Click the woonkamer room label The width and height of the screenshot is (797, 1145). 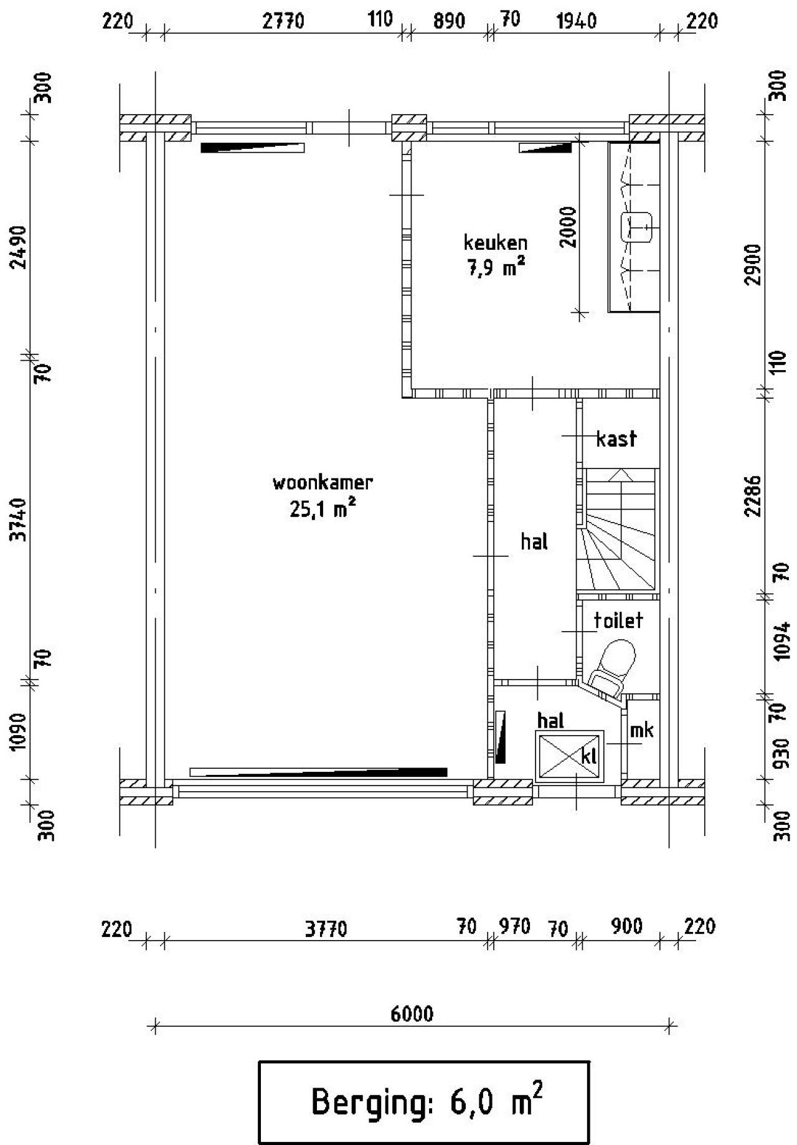pyautogui.click(x=323, y=483)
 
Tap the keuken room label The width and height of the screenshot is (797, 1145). pyautogui.click(x=495, y=242)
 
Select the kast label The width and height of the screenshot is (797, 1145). pyautogui.click(x=616, y=439)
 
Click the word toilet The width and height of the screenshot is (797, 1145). pyautogui.click(x=618, y=620)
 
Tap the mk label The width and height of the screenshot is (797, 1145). pyautogui.click(x=641, y=729)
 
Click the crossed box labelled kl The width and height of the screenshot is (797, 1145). pyautogui.click(x=569, y=756)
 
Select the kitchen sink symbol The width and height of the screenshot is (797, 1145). pyautogui.click(x=636, y=227)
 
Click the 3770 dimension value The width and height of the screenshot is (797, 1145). pyautogui.click(x=326, y=929)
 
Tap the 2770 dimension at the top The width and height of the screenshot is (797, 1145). pyautogui.click(x=283, y=22)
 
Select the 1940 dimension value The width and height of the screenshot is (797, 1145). pyautogui.click(x=576, y=22)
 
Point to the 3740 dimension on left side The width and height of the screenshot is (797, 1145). pyautogui.click(x=20, y=519)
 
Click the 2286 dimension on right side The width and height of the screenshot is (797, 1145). pyautogui.click(x=754, y=496)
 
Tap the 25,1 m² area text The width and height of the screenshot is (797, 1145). pyautogui.click(x=323, y=510)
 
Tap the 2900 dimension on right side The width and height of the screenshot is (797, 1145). pyautogui.click(x=754, y=265)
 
